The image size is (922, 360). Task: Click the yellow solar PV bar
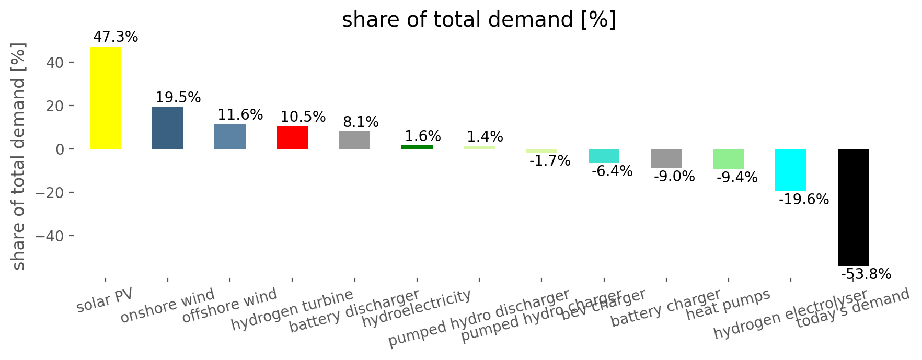point(105,98)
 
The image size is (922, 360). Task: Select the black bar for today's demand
point(853,207)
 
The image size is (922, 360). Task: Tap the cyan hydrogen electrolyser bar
point(790,170)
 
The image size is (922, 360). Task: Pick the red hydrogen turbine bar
point(292,137)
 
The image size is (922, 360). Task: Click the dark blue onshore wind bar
point(167,127)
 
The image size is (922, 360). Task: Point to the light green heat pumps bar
point(728,159)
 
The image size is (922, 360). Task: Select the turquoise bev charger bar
point(604,156)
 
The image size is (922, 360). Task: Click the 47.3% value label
point(116,37)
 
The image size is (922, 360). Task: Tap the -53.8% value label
point(866,274)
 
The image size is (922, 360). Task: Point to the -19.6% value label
point(803,199)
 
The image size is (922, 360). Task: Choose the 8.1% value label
point(361,122)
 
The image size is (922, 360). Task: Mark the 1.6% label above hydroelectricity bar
point(423,136)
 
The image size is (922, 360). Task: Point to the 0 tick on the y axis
point(60,149)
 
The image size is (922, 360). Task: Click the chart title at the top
point(478,20)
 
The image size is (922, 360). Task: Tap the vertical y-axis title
point(19,157)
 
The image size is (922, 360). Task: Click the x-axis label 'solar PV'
point(105,300)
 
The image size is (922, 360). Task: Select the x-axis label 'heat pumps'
point(728,304)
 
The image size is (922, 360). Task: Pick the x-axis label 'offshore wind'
point(229,306)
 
